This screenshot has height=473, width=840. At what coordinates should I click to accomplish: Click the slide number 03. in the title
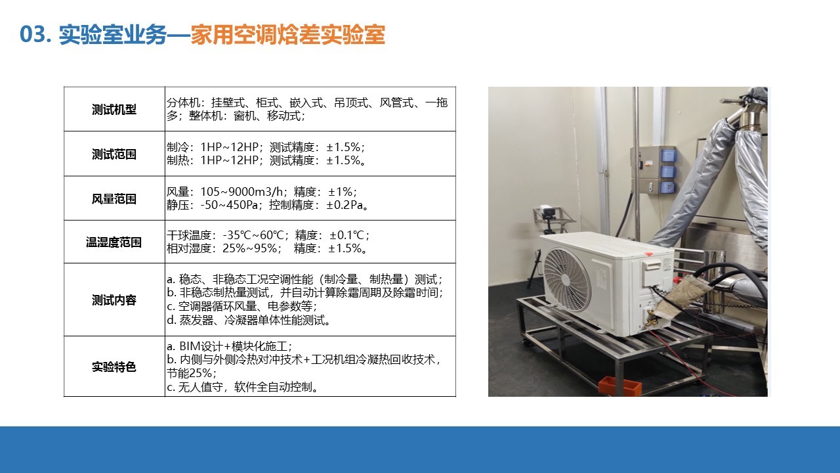click(x=35, y=35)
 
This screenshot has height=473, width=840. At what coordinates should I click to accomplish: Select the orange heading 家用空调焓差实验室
click(x=288, y=35)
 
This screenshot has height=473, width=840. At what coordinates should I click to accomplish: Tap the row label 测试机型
click(x=114, y=110)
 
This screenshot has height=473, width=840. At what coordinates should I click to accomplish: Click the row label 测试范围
click(x=114, y=154)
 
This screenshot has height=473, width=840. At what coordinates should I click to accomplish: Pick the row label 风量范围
click(x=114, y=199)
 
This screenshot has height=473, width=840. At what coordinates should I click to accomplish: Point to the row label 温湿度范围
click(x=114, y=242)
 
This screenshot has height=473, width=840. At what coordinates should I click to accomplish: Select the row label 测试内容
click(x=114, y=300)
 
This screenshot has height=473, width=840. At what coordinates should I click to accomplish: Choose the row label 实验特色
click(x=114, y=367)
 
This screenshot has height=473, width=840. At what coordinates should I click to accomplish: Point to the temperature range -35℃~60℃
click(x=253, y=235)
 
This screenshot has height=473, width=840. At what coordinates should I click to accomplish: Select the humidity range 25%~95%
click(x=249, y=248)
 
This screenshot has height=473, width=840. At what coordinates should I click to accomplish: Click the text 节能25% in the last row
click(x=190, y=373)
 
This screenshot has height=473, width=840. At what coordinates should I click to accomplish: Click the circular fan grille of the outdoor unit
click(x=567, y=280)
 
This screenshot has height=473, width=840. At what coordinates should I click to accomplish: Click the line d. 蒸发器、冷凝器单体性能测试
click(x=249, y=320)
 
